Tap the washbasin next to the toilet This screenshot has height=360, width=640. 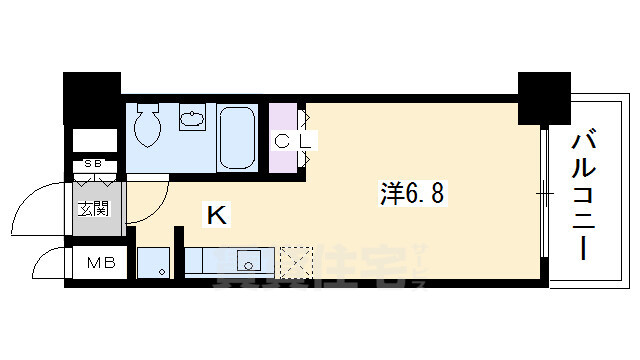click(193, 121)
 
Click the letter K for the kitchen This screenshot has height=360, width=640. click(215, 213)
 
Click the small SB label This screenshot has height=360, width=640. click(93, 163)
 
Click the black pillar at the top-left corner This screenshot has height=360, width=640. click(92, 96)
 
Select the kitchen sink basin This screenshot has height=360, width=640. click(246, 263)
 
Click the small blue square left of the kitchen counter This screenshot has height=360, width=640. click(155, 263)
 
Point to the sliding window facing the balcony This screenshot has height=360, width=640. click(544, 190)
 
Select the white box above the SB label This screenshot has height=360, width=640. click(94, 140)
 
